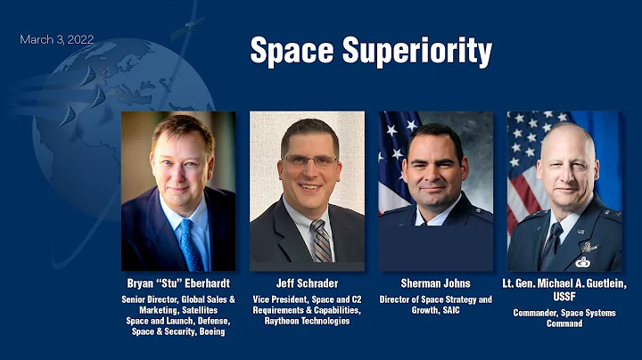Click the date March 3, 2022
point(56,40)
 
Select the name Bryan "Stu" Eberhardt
point(178,283)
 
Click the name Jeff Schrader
point(307,283)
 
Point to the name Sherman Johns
point(435,283)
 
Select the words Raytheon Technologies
point(307,321)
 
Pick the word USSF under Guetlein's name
point(564,296)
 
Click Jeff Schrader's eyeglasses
point(309,160)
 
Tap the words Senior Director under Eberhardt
point(150,299)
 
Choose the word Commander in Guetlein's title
point(538,313)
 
